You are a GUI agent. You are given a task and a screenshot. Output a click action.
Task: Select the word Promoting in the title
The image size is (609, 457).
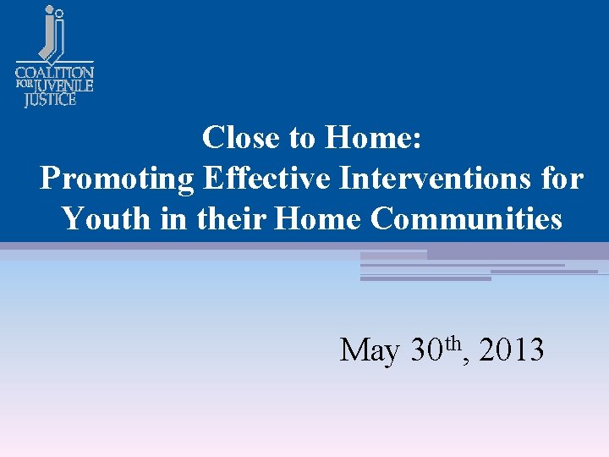[117, 179]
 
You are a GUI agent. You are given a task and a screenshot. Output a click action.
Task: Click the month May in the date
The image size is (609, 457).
[370, 350]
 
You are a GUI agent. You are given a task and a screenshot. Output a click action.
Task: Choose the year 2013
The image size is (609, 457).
[511, 350]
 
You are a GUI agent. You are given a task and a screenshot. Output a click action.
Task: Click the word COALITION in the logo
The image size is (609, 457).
[55, 73]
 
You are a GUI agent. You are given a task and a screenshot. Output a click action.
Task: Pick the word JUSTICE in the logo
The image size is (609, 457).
[50, 99]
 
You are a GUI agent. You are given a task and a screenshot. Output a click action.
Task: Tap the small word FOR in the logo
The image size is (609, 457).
[24, 85]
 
